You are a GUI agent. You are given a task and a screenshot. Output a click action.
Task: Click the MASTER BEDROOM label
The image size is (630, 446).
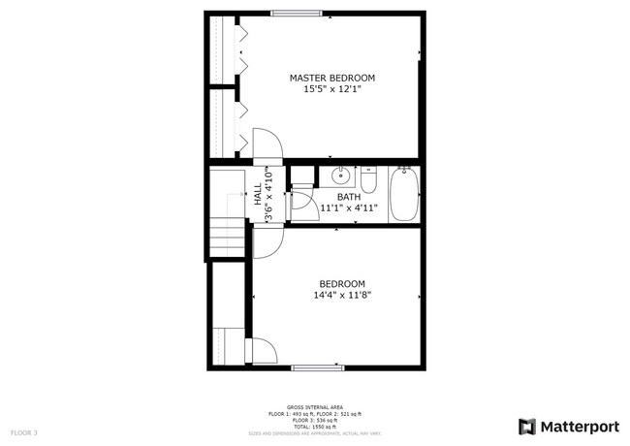tap(331, 78)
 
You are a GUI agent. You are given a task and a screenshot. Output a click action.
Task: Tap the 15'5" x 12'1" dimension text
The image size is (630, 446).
tap(331, 89)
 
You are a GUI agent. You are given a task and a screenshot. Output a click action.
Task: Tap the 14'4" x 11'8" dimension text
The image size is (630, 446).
tap(342, 295)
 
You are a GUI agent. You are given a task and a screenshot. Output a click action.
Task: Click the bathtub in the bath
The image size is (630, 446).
tap(404, 194)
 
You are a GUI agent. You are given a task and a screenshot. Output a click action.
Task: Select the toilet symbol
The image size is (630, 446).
tap(368, 181)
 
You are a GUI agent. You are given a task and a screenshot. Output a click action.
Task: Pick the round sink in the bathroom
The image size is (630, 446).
tap(340, 176)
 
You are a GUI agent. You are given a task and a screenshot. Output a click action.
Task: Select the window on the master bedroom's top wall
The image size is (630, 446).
tap(297, 13)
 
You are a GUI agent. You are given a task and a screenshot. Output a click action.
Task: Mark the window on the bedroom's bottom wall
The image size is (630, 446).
tap(318, 367)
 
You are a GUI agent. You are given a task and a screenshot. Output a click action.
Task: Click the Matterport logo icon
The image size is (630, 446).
tap(527, 426)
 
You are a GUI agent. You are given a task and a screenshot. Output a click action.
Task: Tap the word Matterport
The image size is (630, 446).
tap(580, 426)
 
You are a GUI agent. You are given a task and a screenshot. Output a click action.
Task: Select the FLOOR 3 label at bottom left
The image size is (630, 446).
tap(24, 431)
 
